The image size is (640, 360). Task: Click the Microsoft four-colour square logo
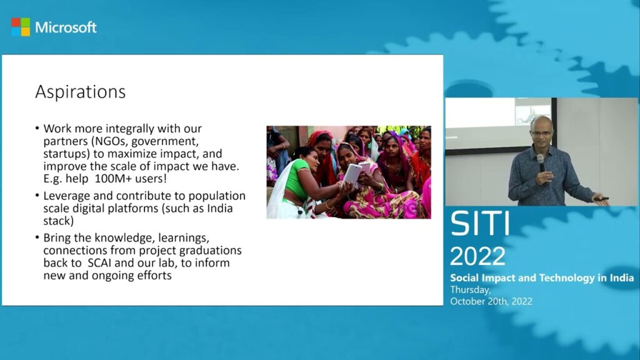21,27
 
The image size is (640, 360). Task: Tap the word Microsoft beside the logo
66,27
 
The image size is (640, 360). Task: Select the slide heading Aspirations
81,92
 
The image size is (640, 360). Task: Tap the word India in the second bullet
220,208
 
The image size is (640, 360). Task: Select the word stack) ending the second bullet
59,221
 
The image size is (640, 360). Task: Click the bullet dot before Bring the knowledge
37,237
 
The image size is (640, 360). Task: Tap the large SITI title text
480,223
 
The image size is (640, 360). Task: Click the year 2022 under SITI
477,256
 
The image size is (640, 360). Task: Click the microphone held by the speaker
541,163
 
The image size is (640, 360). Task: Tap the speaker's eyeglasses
541,132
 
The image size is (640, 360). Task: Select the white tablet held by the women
352,176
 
